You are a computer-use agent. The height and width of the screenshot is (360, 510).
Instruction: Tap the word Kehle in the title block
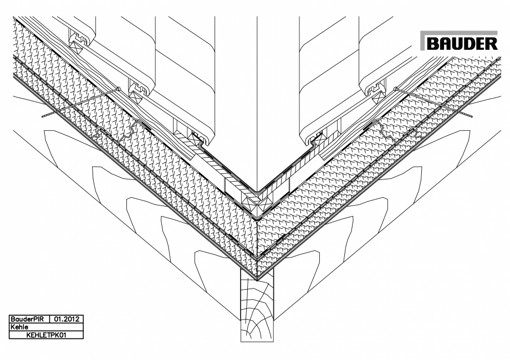(x=16, y=327)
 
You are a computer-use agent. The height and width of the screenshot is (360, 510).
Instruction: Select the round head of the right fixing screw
(x=395, y=89)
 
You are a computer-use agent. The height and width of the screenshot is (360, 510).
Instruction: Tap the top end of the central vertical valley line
(x=257, y=18)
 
